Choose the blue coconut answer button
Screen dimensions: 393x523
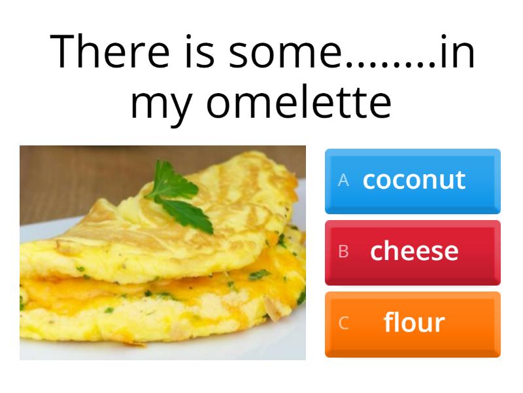413,181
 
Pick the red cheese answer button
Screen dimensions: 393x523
413,252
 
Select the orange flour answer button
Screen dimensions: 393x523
413,324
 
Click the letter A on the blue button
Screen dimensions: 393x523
343,181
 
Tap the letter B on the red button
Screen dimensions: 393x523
343,252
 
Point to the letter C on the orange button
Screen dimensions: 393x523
343,323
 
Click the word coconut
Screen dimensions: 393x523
414,179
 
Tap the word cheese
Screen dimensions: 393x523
414,250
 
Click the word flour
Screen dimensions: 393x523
414,322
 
